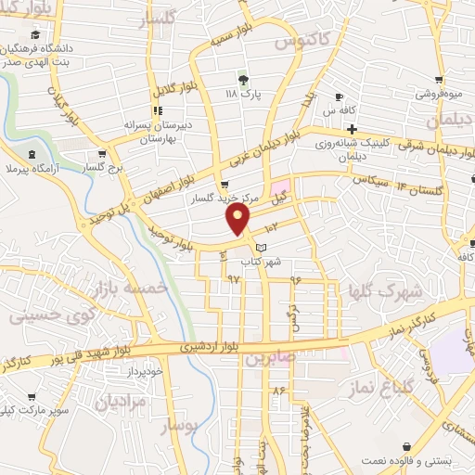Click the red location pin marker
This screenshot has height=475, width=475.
tap(239, 217)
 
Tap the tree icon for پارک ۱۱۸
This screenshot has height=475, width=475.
tap(244, 77)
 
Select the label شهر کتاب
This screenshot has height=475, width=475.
tap(260, 263)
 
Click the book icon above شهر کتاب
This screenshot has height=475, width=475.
tap(261, 248)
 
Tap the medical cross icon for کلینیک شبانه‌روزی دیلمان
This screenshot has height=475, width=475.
tap(352, 128)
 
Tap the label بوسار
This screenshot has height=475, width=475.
tap(180, 426)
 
